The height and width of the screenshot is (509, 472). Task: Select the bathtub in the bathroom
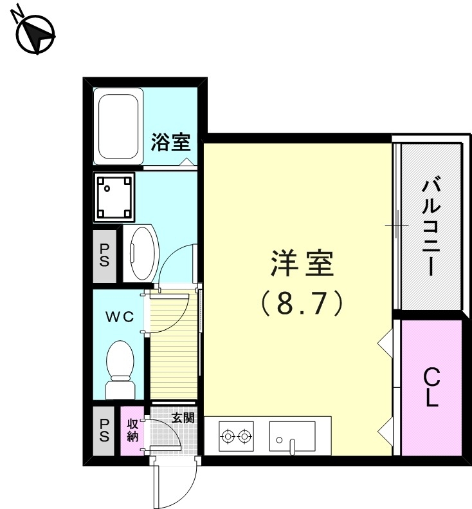[118, 127]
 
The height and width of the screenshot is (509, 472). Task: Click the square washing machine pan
[116, 196]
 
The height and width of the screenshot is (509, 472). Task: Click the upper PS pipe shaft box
[104, 256]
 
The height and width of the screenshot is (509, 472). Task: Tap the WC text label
[119, 317]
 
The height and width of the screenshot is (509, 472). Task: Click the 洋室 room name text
[301, 264]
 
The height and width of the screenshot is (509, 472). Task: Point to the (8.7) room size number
[301, 303]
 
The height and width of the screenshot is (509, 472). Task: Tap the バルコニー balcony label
[430, 227]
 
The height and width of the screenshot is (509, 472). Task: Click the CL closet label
[431, 387]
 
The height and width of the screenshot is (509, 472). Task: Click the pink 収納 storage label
[132, 430]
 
